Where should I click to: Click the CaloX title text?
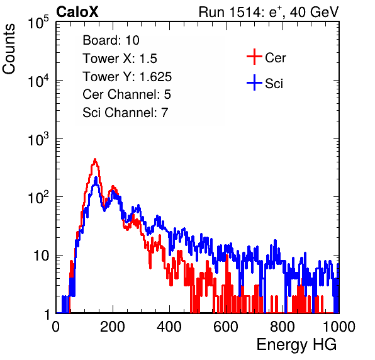click(x=77, y=12)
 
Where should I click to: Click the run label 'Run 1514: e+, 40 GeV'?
click(x=269, y=12)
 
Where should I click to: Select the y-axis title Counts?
click(x=9, y=49)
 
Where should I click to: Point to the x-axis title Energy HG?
click(x=296, y=345)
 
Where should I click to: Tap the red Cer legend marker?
click(x=254, y=57)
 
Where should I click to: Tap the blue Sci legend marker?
click(x=254, y=83)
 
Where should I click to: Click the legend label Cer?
click(x=276, y=58)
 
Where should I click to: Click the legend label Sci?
click(x=274, y=84)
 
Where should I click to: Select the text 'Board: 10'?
click(x=111, y=40)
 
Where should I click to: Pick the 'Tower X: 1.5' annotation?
click(x=120, y=59)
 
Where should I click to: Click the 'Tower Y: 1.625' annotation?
click(x=127, y=77)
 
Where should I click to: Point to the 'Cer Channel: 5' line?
click(x=126, y=94)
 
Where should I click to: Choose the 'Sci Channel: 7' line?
click(x=125, y=113)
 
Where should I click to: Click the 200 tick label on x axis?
click(x=113, y=327)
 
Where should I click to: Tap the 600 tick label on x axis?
click(x=226, y=327)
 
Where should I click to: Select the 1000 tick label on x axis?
click(x=339, y=327)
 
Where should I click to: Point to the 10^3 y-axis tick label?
click(x=38, y=139)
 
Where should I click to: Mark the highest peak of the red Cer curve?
click(x=95, y=159)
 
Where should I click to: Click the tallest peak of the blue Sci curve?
click(x=96, y=177)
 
